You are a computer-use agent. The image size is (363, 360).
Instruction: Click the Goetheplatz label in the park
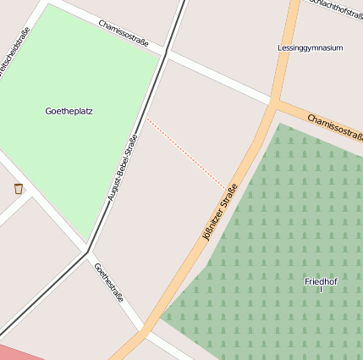coord(69,111)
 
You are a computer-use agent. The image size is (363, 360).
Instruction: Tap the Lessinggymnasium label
coord(310,48)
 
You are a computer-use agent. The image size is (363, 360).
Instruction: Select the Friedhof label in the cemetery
coord(321,280)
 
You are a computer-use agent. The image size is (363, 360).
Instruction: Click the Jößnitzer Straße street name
coord(221,213)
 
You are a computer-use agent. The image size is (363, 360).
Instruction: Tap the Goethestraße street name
coord(109,283)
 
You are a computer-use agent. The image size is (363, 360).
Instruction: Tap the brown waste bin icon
coord(19,188)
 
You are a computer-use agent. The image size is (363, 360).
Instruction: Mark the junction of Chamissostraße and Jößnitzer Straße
coord(275,102)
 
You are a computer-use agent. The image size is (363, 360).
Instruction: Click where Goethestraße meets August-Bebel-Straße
coord(88,251)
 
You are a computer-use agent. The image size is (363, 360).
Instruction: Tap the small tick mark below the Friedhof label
coord(321,290)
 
